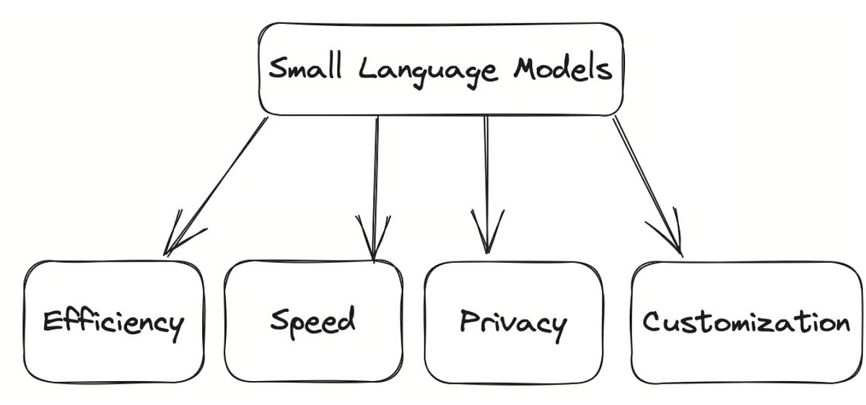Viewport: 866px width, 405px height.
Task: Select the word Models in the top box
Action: point(563,70)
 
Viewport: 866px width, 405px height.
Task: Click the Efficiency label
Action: point(113,322)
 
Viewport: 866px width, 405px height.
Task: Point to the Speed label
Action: point(313,319)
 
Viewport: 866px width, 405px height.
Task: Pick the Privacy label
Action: point(512,322)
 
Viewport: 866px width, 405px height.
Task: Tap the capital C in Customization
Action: point(652,322)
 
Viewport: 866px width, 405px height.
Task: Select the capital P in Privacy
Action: point(470,321)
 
